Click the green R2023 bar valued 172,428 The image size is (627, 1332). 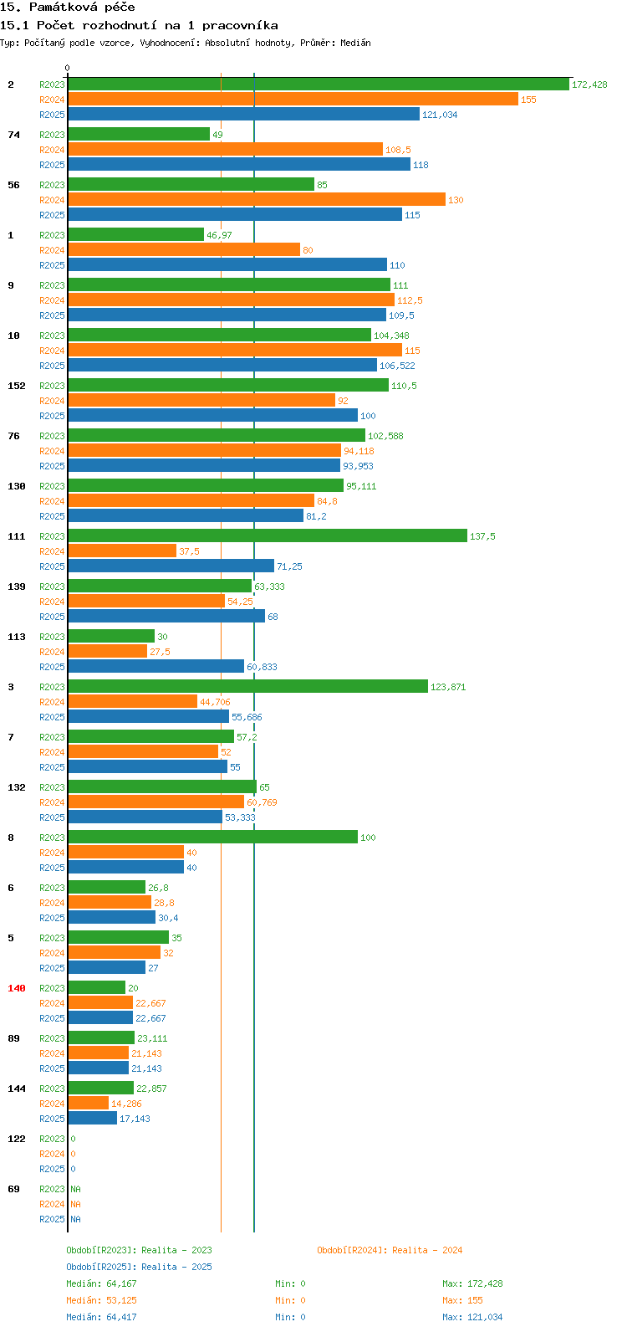[318, 85]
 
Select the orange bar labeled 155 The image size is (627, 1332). [293, 100]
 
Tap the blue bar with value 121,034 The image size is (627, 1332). [243, 115]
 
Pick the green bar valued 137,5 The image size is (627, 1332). [268, 536]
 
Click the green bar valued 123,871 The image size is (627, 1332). [247, 687]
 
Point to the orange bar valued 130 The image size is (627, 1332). [257, 200]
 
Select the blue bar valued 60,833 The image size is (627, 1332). [155, 667]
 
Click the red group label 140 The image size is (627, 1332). [17, 988]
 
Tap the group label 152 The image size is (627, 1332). [17, 386]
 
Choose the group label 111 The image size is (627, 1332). [17, 536]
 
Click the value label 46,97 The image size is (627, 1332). [219, 235]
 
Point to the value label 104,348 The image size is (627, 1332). [391, 336]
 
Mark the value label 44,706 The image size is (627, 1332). [215, 702]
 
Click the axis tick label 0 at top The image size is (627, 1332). [68, 68]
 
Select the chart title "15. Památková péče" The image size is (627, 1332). [69, 8]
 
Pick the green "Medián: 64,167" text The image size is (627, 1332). [101, 1283]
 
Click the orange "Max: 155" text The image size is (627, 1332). [462, 1300]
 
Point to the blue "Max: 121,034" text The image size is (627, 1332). [472, 1317]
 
